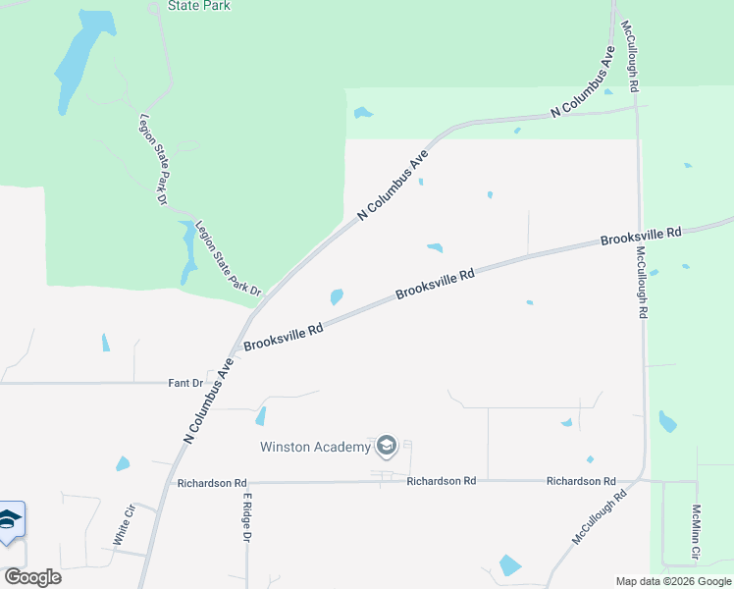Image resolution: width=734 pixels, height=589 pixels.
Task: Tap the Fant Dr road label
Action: point(183,383)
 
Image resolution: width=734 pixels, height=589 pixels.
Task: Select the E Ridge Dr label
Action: point(247,517)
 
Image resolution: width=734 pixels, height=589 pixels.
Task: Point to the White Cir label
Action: point(124,525)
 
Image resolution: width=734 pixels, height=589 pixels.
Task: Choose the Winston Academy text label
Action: point(315,448)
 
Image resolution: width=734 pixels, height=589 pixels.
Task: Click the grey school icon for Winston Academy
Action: point(386,448)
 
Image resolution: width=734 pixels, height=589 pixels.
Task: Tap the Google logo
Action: point(33,577)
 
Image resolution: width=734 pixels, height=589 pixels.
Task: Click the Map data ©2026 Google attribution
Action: point(674,581)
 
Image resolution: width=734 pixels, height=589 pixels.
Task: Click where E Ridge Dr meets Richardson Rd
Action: point(246,483)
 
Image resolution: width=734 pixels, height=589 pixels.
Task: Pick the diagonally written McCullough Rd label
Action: point(601,520)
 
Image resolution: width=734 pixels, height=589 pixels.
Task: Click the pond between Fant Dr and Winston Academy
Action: point(261,416)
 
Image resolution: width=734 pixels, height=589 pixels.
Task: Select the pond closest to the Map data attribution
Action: point(510,564)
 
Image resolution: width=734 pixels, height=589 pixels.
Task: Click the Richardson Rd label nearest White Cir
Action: point(212,483)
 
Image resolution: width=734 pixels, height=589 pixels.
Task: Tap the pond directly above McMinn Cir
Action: point(667,421)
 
